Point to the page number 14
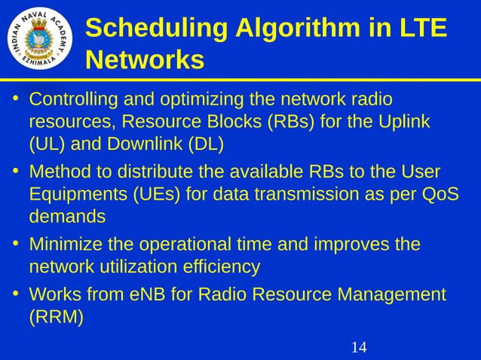pos(359,347)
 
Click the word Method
pos(59,172)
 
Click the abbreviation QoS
pos(439,194)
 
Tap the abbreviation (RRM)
pos(56,316)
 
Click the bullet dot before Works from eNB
pos(15,294)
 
